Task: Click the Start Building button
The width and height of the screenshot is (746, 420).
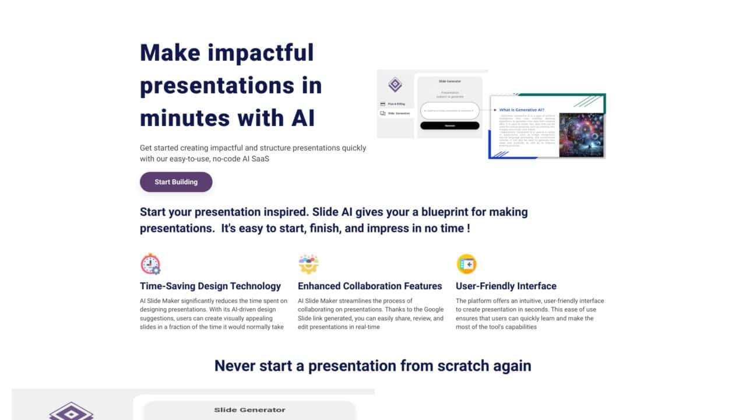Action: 176,182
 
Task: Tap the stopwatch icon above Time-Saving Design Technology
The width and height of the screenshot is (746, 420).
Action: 150,264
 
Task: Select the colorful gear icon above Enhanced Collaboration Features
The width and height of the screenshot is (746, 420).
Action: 308,264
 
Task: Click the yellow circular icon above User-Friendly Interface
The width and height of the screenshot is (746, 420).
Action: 466,264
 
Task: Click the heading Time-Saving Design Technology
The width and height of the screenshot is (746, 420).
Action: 210,286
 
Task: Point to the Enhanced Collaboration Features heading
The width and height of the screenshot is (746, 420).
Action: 370,286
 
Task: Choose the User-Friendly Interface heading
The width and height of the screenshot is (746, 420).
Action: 506,286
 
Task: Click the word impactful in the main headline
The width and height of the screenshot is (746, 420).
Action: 261,52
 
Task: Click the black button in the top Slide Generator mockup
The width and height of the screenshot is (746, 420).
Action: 449,125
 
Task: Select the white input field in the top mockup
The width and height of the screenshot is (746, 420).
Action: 449,110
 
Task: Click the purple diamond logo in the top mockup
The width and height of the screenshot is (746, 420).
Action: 395,85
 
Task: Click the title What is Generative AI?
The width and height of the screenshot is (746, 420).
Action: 522,110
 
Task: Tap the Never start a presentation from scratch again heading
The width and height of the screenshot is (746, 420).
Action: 372,366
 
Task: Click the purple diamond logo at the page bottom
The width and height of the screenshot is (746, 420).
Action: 71,411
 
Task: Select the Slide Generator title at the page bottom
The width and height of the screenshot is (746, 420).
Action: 249,409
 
